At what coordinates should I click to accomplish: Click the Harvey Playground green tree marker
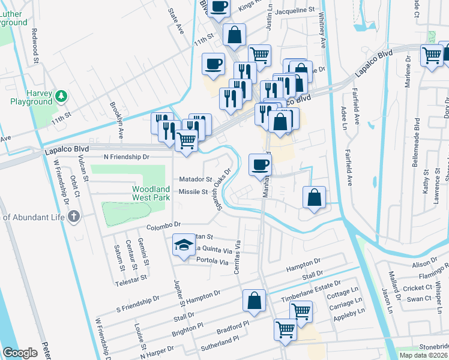pos(61,95)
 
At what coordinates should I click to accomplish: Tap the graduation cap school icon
pos(184,245)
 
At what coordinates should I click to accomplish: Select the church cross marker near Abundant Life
pos(74,217)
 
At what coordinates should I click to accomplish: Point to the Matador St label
pos(196,179)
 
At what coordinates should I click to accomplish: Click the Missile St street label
pos(193,192)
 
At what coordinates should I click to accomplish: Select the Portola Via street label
pos(213,262)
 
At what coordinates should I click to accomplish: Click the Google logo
pos(20,353)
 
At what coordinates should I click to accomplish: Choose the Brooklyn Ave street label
pos(116,113)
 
